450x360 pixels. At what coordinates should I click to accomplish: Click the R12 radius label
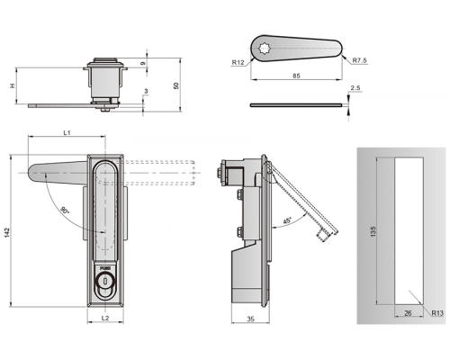[238, 62]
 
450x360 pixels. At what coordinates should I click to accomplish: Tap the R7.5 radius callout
[359, 60]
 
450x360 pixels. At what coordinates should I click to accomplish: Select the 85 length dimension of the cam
[296, 76]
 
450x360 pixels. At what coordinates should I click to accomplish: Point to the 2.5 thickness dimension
[355, 88]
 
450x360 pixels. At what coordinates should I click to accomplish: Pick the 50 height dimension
[176, 85]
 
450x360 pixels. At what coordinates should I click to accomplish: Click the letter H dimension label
[13, 85]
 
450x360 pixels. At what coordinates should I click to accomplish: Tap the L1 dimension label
[67, 132]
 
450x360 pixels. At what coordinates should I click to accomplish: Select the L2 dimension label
[105, 318]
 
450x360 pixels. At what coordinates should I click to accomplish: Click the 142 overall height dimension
[7, 233]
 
